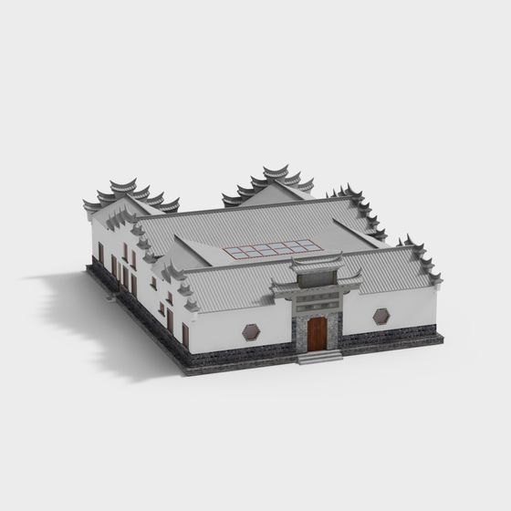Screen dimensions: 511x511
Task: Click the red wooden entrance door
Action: coord(317,334)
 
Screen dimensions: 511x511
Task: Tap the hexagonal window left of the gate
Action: coord(251,330)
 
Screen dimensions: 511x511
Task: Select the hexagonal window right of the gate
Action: coord(381,317)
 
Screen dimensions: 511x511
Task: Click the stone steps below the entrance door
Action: coord(319,357)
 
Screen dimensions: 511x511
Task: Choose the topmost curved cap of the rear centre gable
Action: coord(276,170)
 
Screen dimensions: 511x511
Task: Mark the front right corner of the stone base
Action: coord(442,337)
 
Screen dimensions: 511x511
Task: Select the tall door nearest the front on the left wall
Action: coord(185,335)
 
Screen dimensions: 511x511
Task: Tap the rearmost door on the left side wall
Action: coord(100,252)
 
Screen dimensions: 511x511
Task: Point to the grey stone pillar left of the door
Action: coord(298,333)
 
